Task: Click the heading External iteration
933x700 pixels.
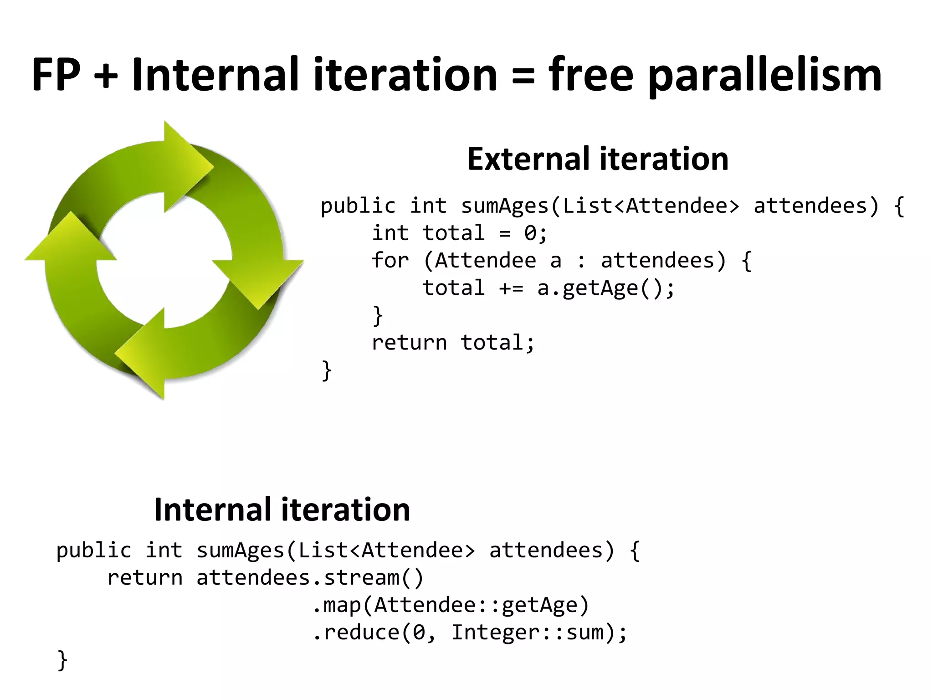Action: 598,159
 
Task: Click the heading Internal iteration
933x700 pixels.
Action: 282,510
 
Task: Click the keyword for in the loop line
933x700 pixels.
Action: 390,261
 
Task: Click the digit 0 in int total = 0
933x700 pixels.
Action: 530,233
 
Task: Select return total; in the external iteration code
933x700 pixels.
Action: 453,343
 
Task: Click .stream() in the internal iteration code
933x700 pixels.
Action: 368,578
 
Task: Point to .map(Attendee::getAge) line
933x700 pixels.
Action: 451,605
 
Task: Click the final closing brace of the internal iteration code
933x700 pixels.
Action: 62,660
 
